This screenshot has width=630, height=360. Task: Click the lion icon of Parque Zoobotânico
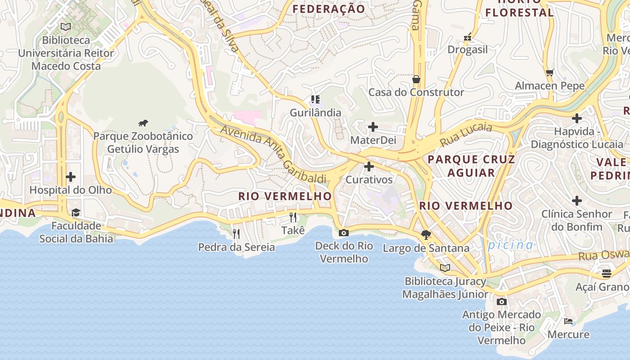[x=143, y=123]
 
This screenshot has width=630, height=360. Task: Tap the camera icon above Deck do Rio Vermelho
[x=344, y=233]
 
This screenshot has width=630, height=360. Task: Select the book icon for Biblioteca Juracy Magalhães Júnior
[x=445, y=268]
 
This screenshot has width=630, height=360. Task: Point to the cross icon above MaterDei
[x=373, y=127]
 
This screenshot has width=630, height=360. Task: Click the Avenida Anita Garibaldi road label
[x=274, y=154]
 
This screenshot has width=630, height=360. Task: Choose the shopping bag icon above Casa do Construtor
[x=416, y=79]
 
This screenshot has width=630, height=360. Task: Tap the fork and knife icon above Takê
[x=293, y=217]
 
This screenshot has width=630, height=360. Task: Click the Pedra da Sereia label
[x=236, y=247]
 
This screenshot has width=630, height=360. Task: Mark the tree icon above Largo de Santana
[x=426, y=234]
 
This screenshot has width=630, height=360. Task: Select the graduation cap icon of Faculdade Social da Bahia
[x=76, y=212]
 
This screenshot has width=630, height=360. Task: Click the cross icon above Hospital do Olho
[x=71, y=177]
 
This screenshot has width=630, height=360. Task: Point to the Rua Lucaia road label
[x=466, y=134]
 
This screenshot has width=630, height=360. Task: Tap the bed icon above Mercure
[x=568, y=321]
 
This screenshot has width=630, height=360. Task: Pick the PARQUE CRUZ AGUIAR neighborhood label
[x=471, y=166]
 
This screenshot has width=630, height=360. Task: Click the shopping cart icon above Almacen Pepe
[x=549, y=72]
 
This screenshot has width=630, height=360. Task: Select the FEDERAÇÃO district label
[x=328, y=9]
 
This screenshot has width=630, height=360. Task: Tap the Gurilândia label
[x=315, y=112]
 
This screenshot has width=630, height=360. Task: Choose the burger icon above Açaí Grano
[x=606, y=274]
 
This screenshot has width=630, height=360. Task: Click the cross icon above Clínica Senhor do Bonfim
[x=577, y=201]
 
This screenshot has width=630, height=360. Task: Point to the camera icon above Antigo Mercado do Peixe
[x=502, y=301]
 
